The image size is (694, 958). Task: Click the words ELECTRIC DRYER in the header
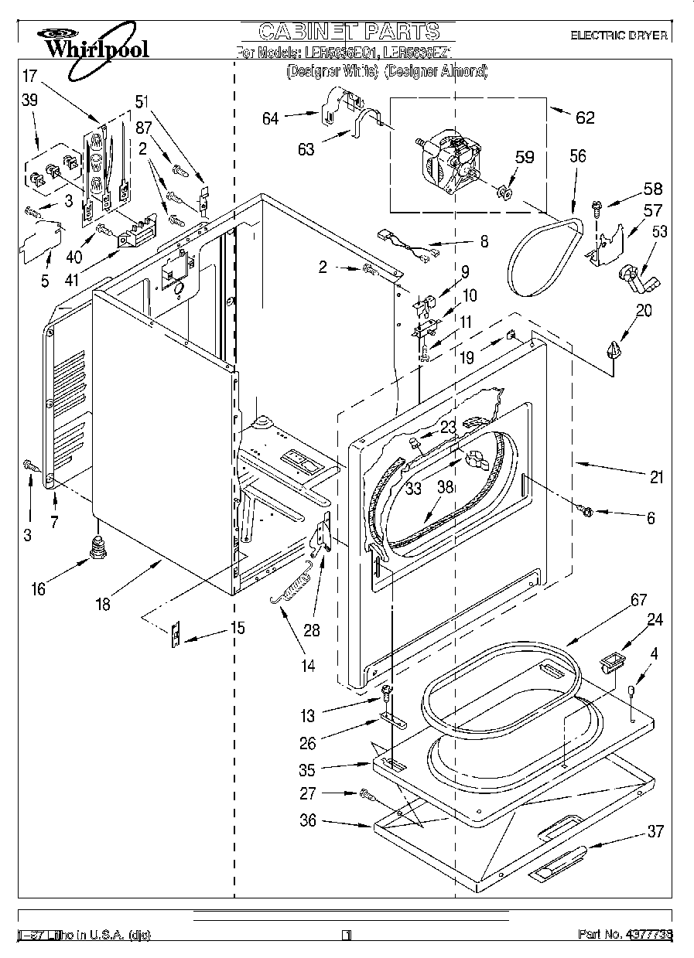coord(618,36)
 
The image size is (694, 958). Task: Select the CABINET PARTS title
coord(348,32)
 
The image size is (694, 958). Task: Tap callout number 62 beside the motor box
coord(585,118)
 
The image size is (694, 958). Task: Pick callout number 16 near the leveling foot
coord(37,590)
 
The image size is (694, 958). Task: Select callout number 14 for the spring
coord(308,664)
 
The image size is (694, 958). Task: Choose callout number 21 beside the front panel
coord(656,478)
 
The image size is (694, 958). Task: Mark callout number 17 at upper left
coord(29,77)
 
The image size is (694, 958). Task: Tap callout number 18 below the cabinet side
coord(103,605)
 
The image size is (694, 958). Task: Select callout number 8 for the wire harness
coord(484,242)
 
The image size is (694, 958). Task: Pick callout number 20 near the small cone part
coord(644,311)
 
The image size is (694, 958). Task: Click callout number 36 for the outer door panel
coord(308,820)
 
